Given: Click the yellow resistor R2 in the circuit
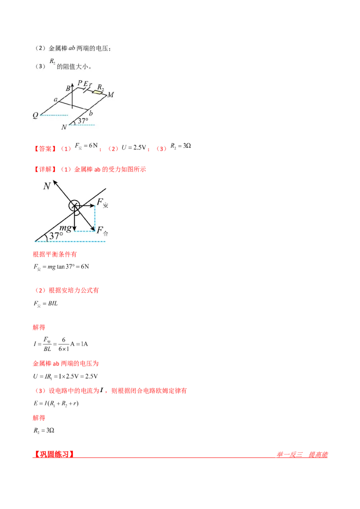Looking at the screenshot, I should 98,92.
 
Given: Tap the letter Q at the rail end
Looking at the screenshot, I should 35,115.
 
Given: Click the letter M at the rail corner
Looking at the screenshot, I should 110,94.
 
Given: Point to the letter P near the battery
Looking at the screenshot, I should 80,83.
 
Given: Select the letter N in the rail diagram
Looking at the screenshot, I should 64,127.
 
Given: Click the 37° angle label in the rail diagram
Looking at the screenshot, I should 83,121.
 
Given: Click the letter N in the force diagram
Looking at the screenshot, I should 46,186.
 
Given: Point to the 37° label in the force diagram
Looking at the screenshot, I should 56,236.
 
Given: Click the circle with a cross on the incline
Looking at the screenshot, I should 74,206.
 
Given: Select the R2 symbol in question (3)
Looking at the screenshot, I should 52,62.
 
